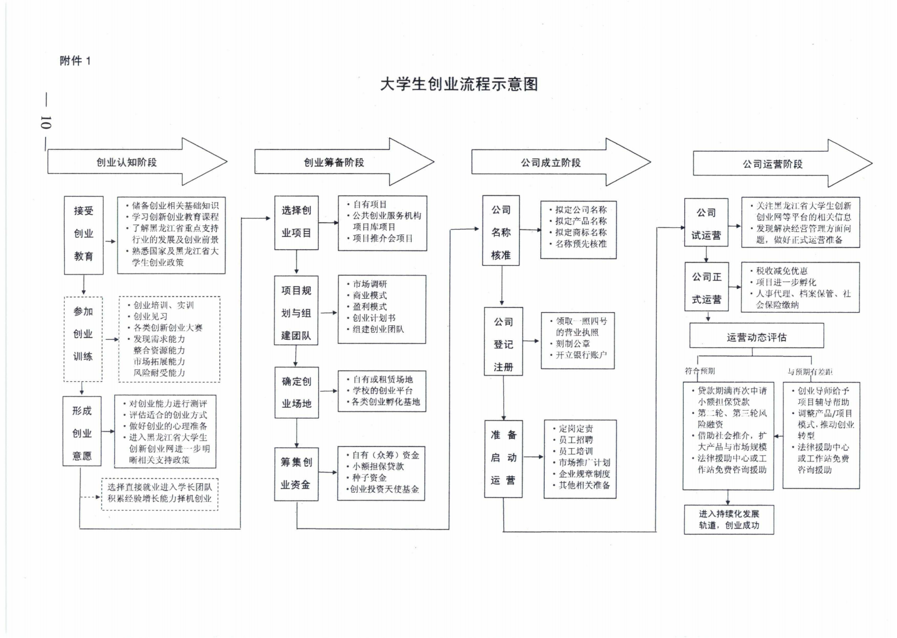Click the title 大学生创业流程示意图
point(459,84)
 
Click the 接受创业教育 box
point(84,234)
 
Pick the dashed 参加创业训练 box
point(83,334)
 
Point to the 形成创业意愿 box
point(82,433)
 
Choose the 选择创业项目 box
point(296,222)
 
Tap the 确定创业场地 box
point(296,392)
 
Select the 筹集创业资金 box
point(296,474)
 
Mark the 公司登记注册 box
point(503,344)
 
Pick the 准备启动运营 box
point(503,458)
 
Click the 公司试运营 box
point(706,224)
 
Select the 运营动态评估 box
point(756,337)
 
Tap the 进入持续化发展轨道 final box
point(729,519)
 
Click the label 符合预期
point(700,371)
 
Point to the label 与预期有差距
point(810,372)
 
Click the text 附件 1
point(76,61)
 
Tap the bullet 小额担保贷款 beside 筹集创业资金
point(378,466)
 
